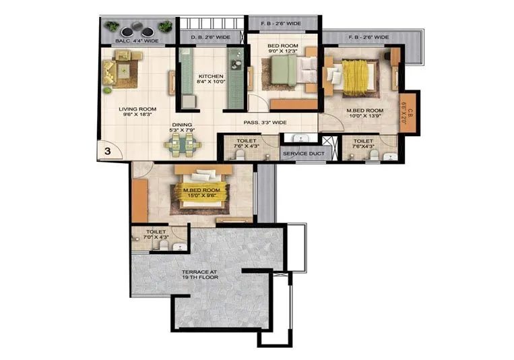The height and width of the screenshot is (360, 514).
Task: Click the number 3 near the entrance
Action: pyautogui.click(x=106, y=152)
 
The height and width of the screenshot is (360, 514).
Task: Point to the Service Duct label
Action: pyautogui.click(x=302, y=154)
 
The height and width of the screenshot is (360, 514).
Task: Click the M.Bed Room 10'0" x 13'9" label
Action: pyautogui.click(x=365, y=113)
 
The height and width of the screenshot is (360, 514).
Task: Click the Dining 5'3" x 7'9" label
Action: pyautogui.click(x=182, y=127)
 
